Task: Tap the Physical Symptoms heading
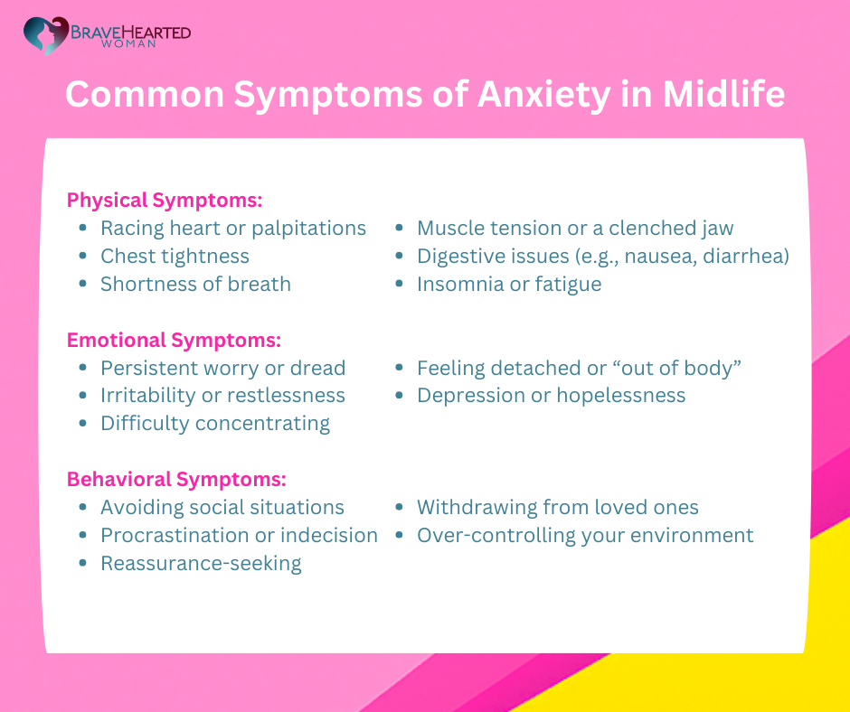pos(165,200)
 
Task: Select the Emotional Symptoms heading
pos(174,341)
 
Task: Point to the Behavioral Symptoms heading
pos(176,480)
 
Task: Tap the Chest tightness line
pos(175,257)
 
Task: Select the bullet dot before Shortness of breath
pos(83,284)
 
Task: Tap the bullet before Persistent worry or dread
pos(83,369)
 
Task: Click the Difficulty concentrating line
pos(215,424)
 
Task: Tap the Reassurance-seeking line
pos(201,564)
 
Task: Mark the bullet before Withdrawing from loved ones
pos(399,508)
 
